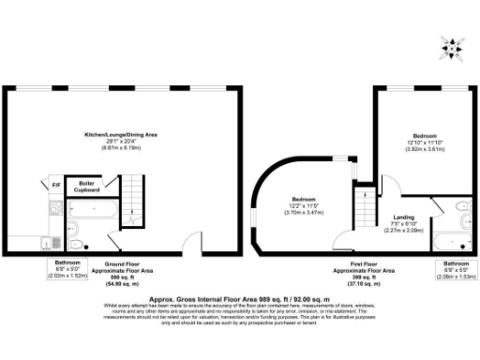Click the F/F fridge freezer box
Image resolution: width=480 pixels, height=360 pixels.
pos(56,185)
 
